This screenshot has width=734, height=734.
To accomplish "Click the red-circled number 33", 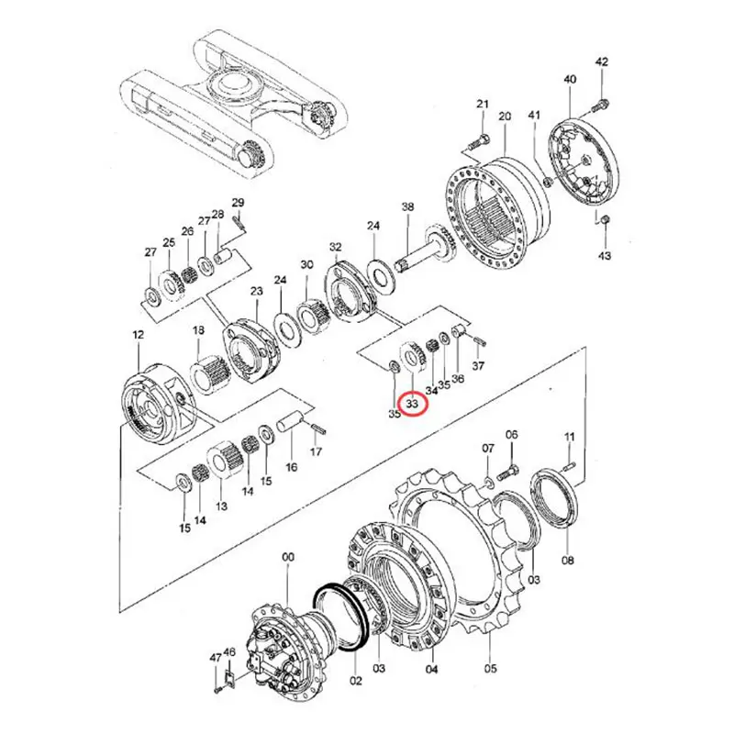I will pyautogui.click(x=412, y=402).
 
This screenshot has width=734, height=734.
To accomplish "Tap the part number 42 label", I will pyautogui.click(x=602, y=62).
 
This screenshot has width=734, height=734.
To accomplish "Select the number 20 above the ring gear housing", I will pyautogui.click(x=504, y=117).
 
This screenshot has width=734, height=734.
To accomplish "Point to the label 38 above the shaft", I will pyautogui.click(x=408, y=207).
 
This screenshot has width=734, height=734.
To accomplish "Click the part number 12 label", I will pyautogui.click(x=138, y=337).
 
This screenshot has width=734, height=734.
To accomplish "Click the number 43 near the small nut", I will pyautogui.click(x=604, y=255).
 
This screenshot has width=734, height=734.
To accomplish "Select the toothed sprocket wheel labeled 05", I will pyautogui.click(x=477, y=550).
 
